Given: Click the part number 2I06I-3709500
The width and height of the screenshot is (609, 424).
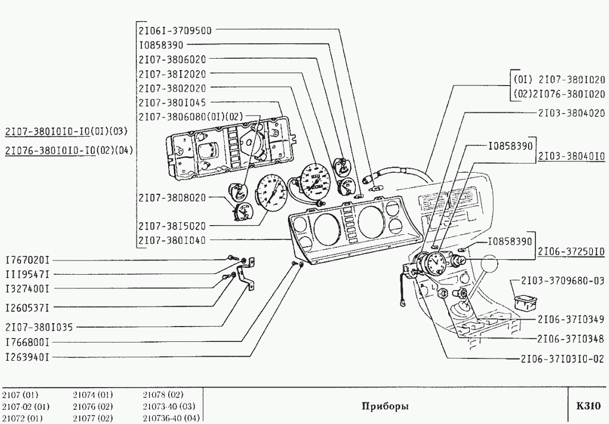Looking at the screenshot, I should point(175,30).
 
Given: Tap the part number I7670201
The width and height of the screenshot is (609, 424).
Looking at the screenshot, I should point(28,259).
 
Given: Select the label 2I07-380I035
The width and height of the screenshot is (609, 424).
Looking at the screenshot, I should point(40,328).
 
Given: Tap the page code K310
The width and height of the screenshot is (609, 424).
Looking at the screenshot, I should point(588,406).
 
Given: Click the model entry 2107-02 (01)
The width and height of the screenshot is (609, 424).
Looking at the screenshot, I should point(26,406).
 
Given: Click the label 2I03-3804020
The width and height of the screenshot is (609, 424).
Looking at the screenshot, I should point(571,113).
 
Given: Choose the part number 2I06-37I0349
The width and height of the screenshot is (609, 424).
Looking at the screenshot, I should point(571,319).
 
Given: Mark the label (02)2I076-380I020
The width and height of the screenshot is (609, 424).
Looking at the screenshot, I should point(559,94).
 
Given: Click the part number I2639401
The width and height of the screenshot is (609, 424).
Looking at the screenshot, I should point(28,357).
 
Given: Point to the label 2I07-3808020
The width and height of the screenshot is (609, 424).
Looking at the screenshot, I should point(172,197).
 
